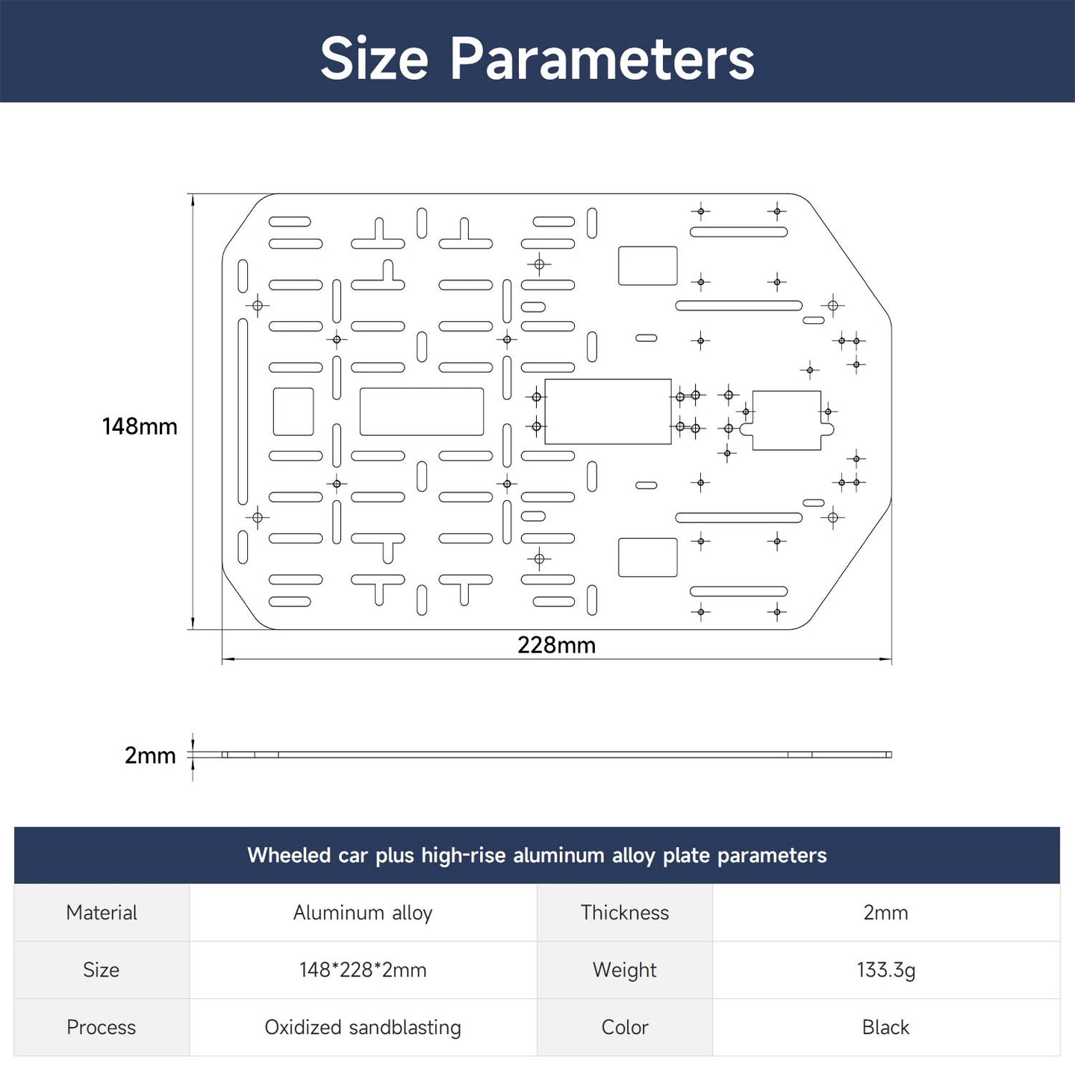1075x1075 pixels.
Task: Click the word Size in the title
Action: pos(374,58)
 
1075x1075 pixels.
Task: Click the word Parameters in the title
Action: pos(602,58)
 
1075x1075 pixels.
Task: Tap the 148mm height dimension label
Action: pos(140,426)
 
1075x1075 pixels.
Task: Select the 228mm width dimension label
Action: pos(556,645)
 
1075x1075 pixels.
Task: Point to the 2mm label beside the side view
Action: pos(150,755)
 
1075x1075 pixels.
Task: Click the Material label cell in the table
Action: pos(102,913)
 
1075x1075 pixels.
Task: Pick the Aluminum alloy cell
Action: pos(363,913)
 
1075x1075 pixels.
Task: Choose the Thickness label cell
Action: pos(625,913)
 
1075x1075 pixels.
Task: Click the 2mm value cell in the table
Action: pos(886,913)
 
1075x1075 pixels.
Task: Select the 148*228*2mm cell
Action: pos(363,970)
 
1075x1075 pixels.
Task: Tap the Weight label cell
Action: pos(625,970)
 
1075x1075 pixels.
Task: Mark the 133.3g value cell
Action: pos(886,970)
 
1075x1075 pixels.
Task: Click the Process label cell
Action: pos(102,1027)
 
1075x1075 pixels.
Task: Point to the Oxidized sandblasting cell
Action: pos(363,1027)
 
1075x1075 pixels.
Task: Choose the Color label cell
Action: pos(625,1027)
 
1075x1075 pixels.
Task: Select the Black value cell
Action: pos(886,1027)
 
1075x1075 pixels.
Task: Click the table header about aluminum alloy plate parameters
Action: pos(537,856)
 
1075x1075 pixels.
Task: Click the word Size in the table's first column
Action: pos(101,970)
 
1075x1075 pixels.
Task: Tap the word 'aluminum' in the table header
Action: pos(558,856)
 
